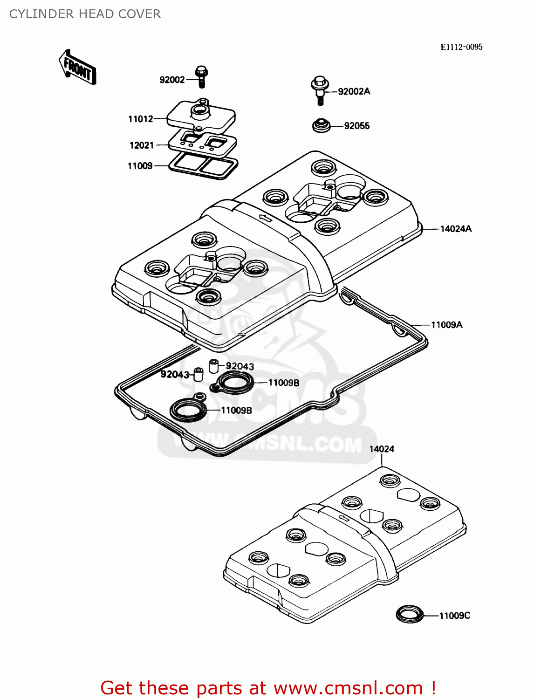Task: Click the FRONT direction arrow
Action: (x=77, y=68)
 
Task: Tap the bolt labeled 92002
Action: (x=201, y=77)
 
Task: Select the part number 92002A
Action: (x=354, y=92)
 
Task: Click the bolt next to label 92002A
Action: (x=320, y=90)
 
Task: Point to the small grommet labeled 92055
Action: (x=321, y=126)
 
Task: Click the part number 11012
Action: (x=141, y=119)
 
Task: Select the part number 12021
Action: (x=142, y=145)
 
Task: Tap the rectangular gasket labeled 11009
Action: (x=203, y=165)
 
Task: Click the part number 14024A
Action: (x=456, y=229)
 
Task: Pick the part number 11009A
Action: (x=446, y=325)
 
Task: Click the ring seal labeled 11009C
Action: (x=410, y=614)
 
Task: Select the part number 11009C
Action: (x=454, y=616)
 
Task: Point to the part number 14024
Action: (x=382, y=449)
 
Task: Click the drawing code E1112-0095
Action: (x=461, y=47)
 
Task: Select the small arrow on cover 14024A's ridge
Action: (x=265, y=218)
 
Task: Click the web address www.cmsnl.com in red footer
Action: (x=349, y=688)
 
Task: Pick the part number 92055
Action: (x=356, y=126)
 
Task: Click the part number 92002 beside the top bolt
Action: (x=172, y=80)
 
